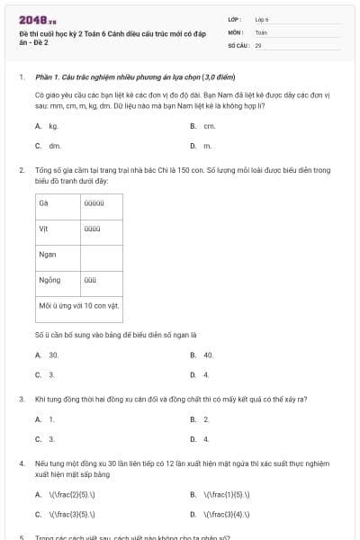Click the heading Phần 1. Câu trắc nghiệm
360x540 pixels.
point(123,77)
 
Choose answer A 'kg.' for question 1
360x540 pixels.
point(53,126)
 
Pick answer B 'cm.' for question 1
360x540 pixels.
point(208,126)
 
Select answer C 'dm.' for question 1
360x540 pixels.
point(54,145)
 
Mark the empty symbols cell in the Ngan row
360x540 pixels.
point(101,255)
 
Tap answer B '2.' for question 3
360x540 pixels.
point(206,419)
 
